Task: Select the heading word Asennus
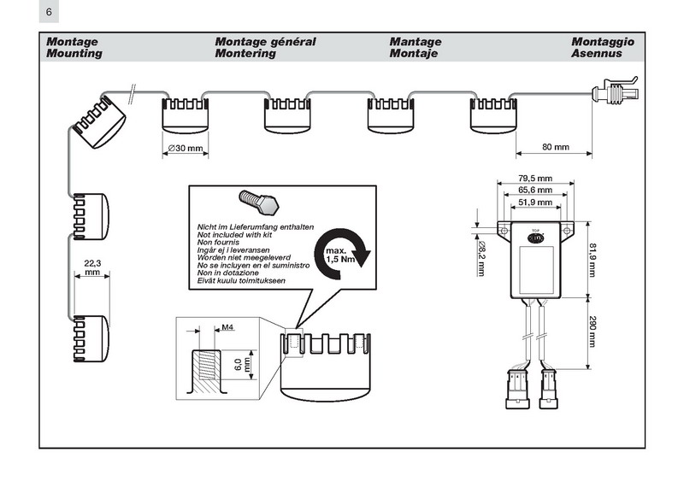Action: point(597,53)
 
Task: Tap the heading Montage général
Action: point(265,41)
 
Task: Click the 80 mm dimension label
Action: point(555,147)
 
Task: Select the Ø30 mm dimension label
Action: point(186,148)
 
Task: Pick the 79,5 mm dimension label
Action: point(534,179)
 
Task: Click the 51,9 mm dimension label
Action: point(534,202)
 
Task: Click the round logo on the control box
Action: point(535,240)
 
